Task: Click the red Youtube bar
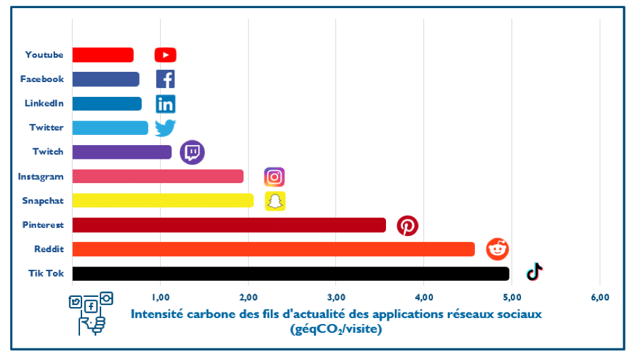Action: point(102,55)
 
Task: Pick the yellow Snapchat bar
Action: point(163,201)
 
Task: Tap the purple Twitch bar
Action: point(122,152)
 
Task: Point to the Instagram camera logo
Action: point(274,177)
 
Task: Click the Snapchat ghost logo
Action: point(275,201)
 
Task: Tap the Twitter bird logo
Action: point(166,127)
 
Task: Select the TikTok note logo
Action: point(535,272)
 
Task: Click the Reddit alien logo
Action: point(497,249)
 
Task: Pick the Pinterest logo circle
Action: point(408,226)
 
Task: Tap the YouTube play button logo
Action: point(166,55)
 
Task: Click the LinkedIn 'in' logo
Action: point(166,104)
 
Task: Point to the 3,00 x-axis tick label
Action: point(336,297)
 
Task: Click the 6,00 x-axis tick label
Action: point(600,297)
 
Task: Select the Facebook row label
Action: point(42,79)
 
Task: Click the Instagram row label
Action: point(41,177)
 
